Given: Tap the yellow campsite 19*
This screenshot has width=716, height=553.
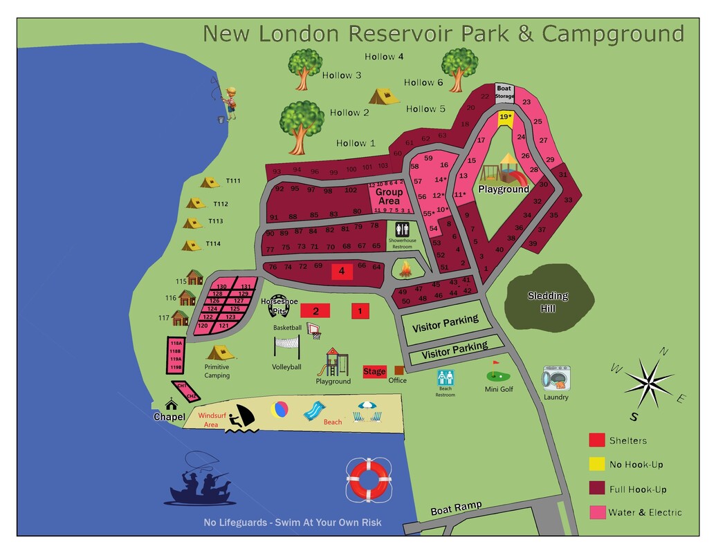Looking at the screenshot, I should (506, 118).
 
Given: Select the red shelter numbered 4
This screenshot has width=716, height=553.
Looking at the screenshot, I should (342, 272).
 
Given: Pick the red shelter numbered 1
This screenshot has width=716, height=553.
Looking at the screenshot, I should (360, 311).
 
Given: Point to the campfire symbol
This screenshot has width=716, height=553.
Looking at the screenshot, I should (402, 268).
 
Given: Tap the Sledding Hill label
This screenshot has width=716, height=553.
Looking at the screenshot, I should (548, 301).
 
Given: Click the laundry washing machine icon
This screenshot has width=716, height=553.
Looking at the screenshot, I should (556, 379).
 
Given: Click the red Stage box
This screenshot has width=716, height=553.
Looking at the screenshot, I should (374, 372).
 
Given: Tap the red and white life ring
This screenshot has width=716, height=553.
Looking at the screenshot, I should (369, 478).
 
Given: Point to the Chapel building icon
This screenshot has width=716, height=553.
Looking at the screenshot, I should (170, 404).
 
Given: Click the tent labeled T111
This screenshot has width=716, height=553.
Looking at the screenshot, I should (210, 182).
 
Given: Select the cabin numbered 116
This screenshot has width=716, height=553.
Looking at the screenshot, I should (187, 298).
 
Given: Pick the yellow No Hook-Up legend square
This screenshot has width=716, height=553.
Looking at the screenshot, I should (596, 465).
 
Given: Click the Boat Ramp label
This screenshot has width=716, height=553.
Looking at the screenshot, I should (456, 509).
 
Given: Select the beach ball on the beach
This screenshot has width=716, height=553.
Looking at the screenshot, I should (280, 410).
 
